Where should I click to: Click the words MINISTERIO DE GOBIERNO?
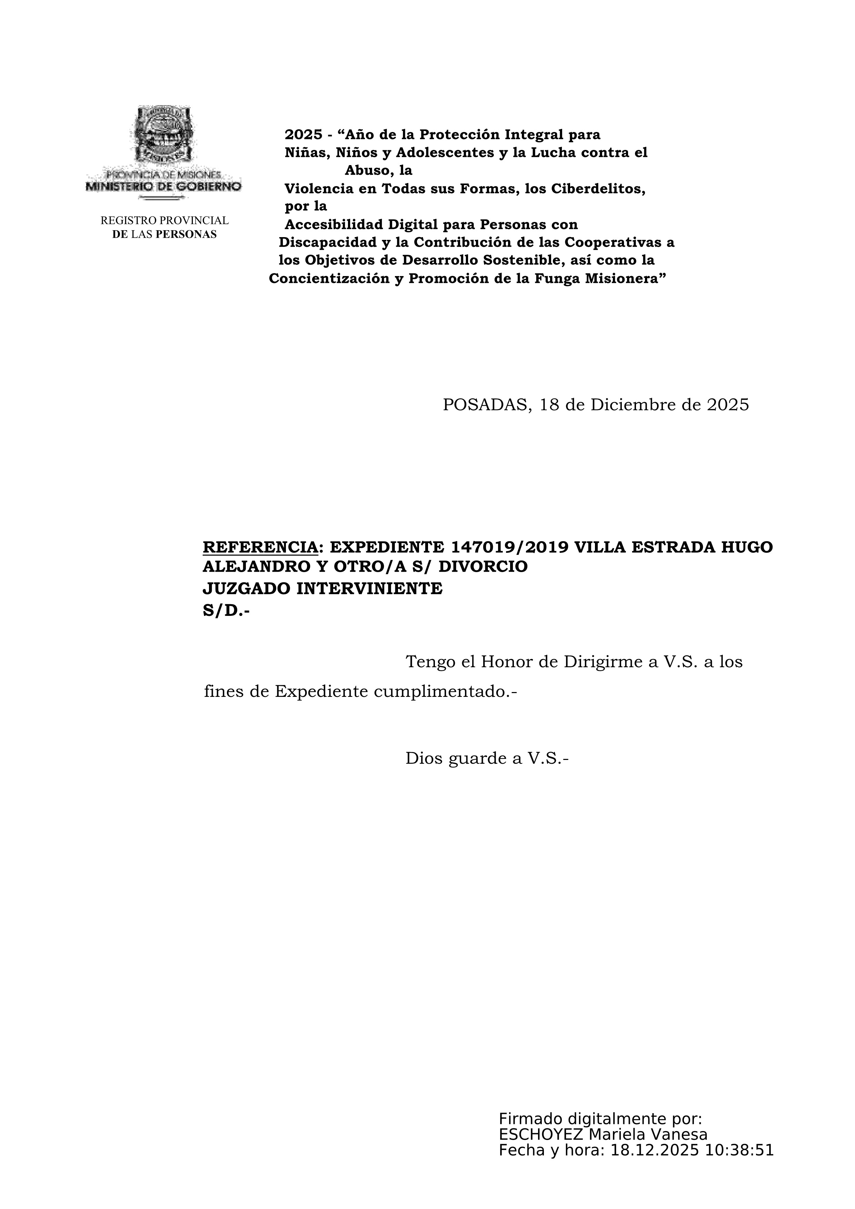coord(163,186)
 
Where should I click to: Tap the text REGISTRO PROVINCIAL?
coord(165,220)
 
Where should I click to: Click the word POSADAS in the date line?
coord(483,404)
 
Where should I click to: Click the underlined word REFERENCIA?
coord(260,547)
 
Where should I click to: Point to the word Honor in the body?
coord(506,661)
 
